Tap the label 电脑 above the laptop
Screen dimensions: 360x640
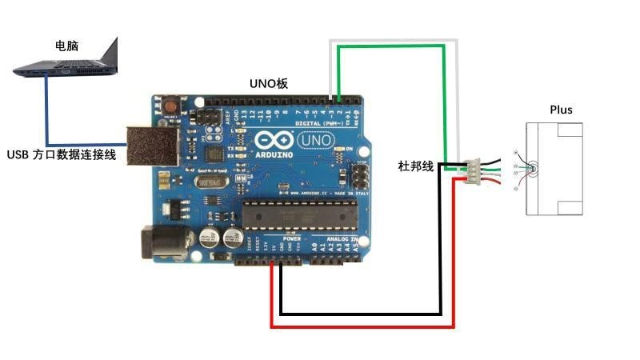point(66,46)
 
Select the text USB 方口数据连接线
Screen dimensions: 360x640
point(62,155)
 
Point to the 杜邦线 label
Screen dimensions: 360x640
point(415,166)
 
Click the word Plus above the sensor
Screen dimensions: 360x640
point(561,110)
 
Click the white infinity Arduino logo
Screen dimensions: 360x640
point(272,141)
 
